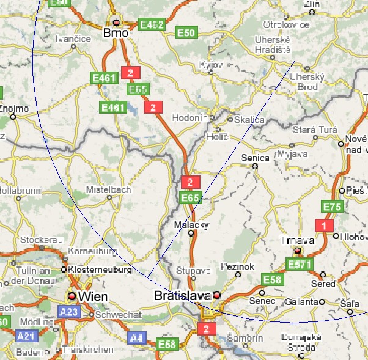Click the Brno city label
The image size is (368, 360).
click(x=115, y=32)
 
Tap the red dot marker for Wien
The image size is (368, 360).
click(x=72, y=296)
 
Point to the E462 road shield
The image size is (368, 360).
click(x=152, y=24)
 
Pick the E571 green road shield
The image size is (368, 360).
click(x=300, y=264)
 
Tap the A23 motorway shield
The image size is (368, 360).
click(x=68, y=312)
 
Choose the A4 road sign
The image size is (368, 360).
click(x=136, y=337)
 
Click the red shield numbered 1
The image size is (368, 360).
click(x=323, y=226)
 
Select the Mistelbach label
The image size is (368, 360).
click(x=109, y=189)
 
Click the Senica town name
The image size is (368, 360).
click(x=256, y=158)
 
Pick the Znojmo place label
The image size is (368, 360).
click(x=13, y=109)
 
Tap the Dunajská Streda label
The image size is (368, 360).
click(x=298, y=342)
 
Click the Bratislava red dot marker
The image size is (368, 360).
click(x=216, y=296)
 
